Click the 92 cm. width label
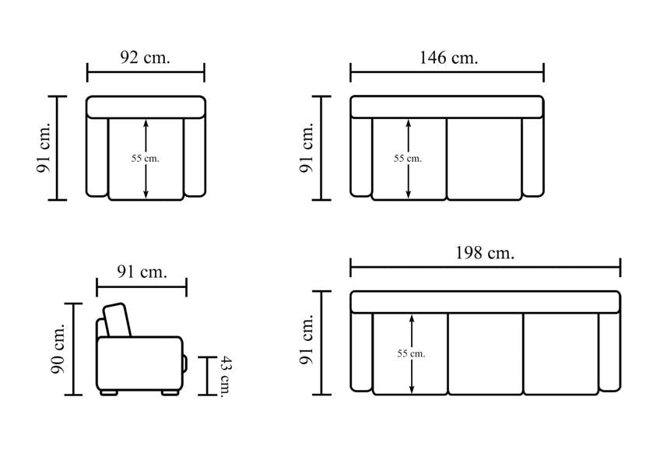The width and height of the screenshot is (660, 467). pos(146,58)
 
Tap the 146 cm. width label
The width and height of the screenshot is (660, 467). pos(449,58)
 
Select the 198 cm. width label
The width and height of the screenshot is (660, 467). pos(485,253)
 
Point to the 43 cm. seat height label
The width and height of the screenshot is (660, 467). pos(226,377)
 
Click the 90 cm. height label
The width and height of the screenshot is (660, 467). pos(58,349)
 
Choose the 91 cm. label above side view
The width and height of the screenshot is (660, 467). pos(142,272)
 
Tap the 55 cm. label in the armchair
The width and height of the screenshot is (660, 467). pos(146,158)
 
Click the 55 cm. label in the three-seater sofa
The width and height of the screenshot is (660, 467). pos(411,353)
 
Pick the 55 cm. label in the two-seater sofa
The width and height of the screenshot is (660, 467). pos(408,158)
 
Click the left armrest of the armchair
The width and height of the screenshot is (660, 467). pos(97,157)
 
